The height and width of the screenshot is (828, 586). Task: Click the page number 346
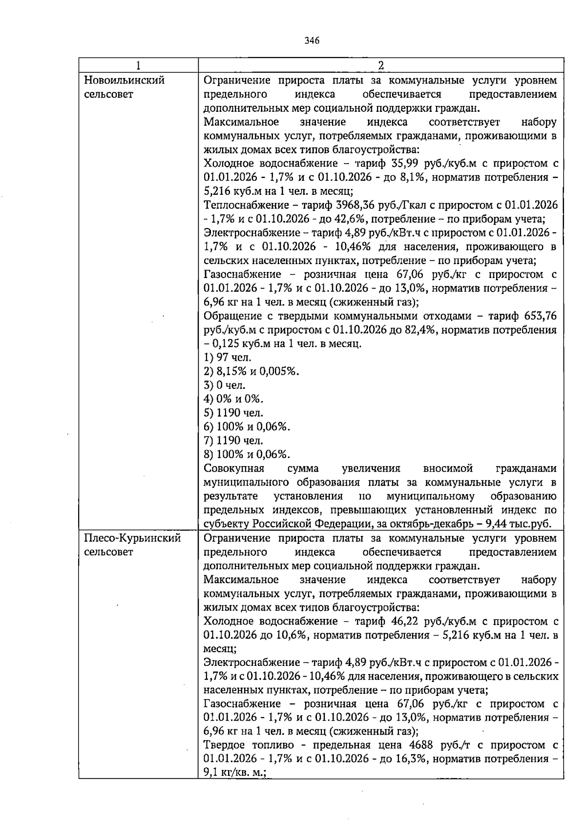[x=312, y=41]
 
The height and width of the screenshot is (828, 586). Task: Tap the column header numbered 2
[x=381, y=66]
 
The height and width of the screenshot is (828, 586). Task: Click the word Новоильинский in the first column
[x=124, y=80]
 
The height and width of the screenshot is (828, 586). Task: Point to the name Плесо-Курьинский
[x=132, y=538]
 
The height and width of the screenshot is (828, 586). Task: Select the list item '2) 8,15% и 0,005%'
[x=251, y=372]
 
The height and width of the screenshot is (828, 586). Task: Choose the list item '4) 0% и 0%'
[x=233, y=399]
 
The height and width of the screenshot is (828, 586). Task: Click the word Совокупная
[x=234, y=469]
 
